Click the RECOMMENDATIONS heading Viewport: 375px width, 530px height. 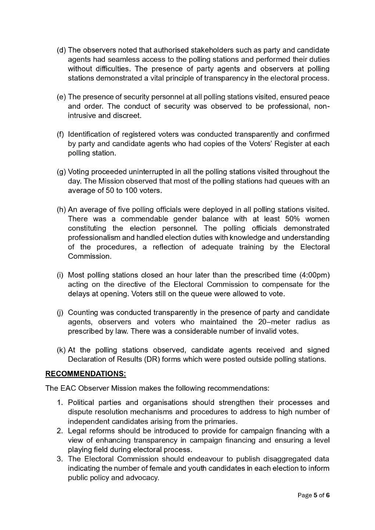85,374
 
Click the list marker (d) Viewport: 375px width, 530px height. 61,50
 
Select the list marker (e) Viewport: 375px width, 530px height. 61,97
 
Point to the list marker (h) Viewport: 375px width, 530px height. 61,210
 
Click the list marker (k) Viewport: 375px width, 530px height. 61,350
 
